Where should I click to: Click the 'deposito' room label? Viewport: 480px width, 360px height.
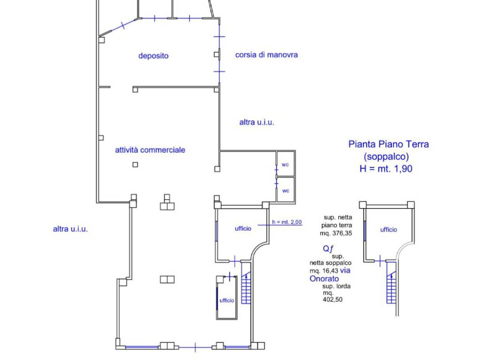pos(153,56)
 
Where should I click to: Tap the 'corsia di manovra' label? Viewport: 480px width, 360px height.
pos(266,55)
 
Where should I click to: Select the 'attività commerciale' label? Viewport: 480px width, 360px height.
pos(150,150)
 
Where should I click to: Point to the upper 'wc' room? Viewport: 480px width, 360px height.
pos(285,165)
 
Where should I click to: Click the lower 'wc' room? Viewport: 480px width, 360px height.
pos(285,191)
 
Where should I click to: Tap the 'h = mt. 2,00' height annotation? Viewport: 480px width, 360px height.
pos(287,222)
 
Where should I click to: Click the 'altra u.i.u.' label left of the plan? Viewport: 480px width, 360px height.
pos(70,229)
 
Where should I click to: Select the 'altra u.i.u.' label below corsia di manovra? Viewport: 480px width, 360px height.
pos(256,122)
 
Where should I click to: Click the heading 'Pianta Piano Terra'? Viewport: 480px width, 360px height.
pos(389,144)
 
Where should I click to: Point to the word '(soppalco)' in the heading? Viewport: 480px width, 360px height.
pos(386,157)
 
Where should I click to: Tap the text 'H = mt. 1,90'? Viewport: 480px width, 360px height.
pos(386,169)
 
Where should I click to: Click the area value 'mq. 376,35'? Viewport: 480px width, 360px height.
pos(336,233)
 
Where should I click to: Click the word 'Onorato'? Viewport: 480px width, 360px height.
pos(324,279)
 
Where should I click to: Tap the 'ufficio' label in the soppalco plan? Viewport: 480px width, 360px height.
pos(389,230)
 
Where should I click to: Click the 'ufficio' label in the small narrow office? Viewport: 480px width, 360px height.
pos(227,300)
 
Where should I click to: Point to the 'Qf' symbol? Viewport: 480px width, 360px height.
pos(328,248)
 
